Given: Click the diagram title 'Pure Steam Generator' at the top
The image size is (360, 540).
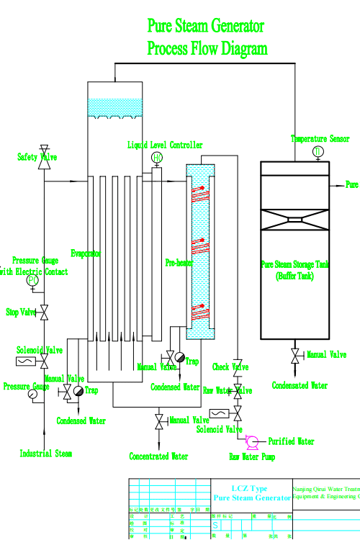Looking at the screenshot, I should click(206, 27).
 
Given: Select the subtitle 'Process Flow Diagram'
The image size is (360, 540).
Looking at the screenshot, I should click(207, 49).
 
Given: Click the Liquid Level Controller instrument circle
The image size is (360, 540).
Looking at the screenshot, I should click(157, 158).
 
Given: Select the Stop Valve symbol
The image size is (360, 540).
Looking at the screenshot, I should click(45, 312).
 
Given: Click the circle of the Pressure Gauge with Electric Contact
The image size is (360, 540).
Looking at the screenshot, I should click(32, 281).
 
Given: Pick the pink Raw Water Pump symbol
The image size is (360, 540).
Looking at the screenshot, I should click(252, 441).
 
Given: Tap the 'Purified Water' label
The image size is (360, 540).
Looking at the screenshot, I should click(292, 441).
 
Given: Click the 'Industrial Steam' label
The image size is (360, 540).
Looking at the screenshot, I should click(45, 454).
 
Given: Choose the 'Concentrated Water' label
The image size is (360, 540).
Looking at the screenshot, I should click(159, 456).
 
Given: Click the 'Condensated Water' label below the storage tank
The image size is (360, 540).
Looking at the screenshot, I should click(300, 385).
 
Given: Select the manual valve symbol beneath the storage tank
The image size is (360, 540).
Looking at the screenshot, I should click(295, 356).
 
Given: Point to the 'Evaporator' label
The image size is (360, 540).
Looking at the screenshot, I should click(86, 253).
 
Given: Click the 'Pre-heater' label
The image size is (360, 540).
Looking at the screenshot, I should click(178, 263).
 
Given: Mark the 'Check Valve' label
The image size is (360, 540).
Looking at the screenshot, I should click(230, 367).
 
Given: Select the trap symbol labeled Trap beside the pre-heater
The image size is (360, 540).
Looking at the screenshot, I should click(179, 358).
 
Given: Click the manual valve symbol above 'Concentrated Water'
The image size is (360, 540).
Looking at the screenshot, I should click(159, 420).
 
